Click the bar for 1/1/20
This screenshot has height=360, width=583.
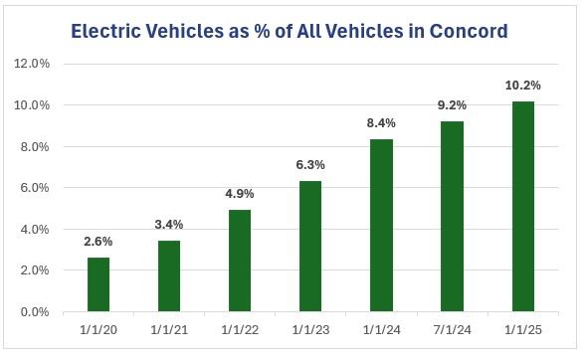(97, 284)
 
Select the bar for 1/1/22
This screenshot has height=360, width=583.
(240, 261)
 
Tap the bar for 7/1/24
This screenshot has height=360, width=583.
(453, 216)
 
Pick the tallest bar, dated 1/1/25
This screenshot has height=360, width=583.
(523, 206)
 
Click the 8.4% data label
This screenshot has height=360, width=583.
(381, 122)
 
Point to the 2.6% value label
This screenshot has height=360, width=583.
(97, 242)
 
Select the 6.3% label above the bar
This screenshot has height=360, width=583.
(310, 165)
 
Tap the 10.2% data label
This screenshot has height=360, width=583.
(523, 85)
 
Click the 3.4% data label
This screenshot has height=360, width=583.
(168, 225)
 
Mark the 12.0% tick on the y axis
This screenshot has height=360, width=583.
(37, 64)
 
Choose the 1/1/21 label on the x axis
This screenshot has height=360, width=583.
(168, 329)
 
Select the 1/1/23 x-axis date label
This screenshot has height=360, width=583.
(310, 329)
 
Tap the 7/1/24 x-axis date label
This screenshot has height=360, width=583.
(453, 329)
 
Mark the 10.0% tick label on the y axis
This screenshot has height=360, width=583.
(37, 105)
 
